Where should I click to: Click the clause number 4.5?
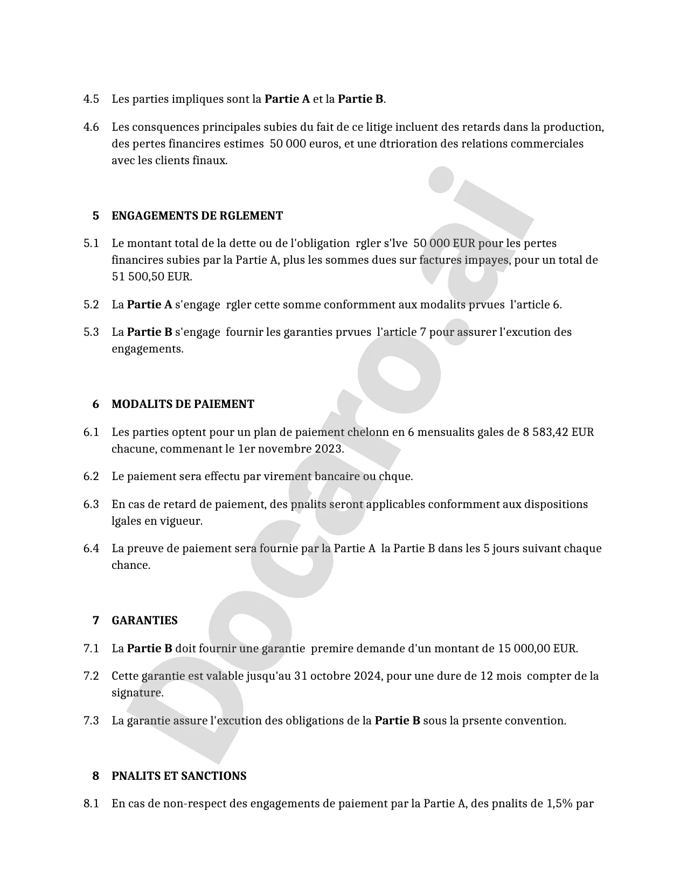pos(91,100)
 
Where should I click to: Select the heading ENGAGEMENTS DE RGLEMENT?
pos(197,216)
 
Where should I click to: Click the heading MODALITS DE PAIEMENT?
pos(183,404)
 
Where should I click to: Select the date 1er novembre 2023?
pos(290,449)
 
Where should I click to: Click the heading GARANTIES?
pos(144,621)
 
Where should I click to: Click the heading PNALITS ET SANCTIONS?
pos(179,776)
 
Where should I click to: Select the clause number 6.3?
pos(91,505)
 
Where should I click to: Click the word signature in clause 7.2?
pos(137,693)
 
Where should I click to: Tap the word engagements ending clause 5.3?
pos(147,349)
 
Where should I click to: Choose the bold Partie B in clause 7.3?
pos(397,721)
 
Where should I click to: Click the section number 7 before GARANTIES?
pos(96,621)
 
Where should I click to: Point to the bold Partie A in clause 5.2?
pos(149,305)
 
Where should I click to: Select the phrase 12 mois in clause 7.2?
pos(501,676)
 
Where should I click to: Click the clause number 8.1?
pos(91,804)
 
